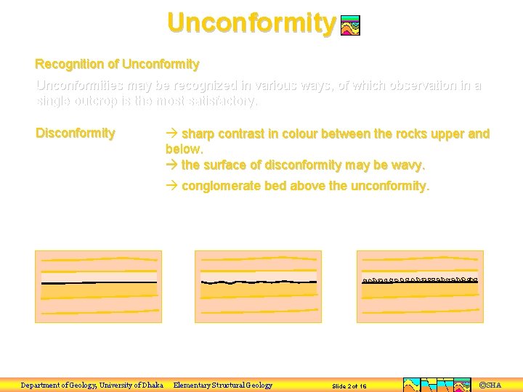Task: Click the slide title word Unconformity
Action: coord(251,23)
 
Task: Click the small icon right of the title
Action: coord(350,26)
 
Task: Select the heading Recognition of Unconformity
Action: coord(117,65)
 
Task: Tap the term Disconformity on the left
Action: coord(76,133)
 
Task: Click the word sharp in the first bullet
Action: coord(198,134)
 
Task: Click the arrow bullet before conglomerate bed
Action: coord(171,186)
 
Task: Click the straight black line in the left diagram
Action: coord(99,282)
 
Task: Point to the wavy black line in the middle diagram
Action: coord(258,282)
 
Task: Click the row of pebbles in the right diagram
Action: coord(420,279)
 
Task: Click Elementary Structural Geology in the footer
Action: coord(223,385)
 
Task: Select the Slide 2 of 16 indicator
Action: coord(349,386)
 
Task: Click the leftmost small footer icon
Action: coord(411,385)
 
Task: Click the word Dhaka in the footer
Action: coord(150,385)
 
